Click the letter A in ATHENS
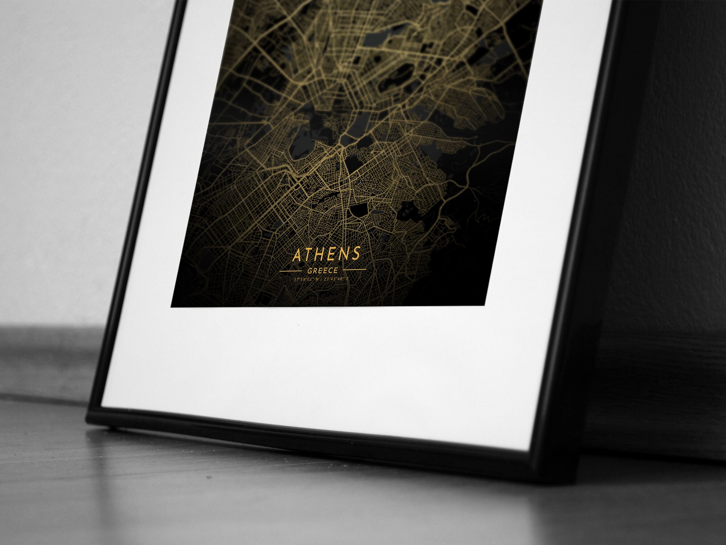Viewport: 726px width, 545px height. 297,256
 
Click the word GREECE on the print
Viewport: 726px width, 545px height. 323,271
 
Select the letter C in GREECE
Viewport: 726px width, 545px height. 330,270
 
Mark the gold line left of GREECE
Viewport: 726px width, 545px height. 290,271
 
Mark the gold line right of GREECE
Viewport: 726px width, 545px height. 355,270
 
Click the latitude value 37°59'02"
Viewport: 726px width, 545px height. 304,280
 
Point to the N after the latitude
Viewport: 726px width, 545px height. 317,279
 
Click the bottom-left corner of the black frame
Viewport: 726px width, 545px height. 87,421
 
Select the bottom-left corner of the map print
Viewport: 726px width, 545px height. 171,307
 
